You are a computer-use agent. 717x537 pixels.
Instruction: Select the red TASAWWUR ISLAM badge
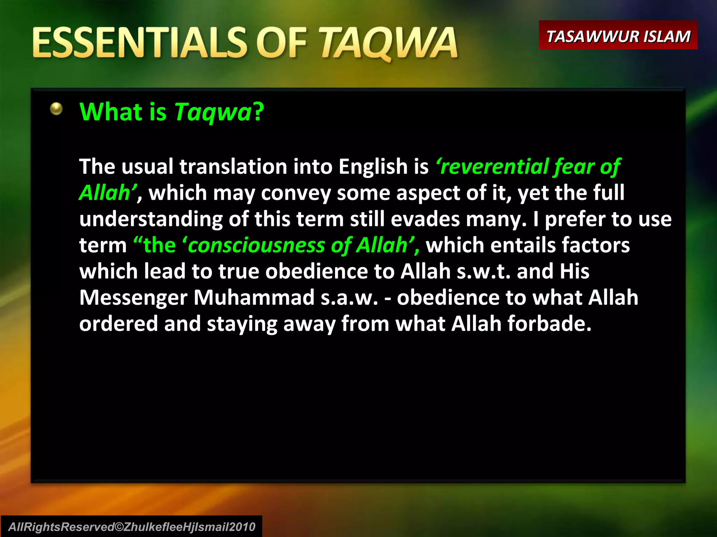(x=618, y=36)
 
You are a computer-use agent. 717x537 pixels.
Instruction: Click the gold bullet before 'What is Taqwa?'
(x=56, y=109)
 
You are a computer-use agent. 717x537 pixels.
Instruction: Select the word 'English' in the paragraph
(x=373, y=166)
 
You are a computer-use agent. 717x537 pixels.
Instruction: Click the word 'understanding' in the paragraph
(x=151, y=219)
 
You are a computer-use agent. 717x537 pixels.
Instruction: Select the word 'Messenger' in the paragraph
(x=133, y=298)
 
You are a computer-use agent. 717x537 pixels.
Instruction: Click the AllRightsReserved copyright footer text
(x=132, y=527)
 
